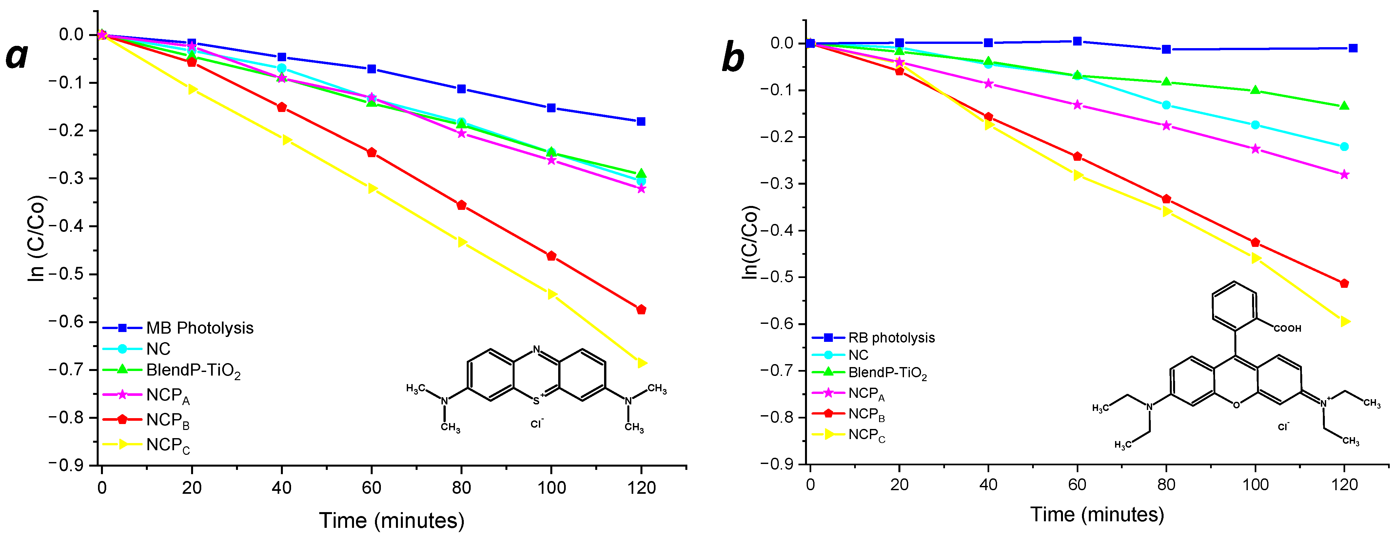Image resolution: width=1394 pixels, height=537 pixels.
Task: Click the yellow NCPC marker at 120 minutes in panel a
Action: tap(642, 363)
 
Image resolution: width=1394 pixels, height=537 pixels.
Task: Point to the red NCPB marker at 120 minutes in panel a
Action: tap(641, 310)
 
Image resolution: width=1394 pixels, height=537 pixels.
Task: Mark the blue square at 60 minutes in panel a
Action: tap(372, 69)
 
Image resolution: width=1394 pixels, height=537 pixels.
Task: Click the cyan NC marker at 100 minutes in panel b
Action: tap(1255, 125)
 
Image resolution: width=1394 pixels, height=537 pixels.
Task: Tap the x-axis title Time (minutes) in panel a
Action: tap(392, 520)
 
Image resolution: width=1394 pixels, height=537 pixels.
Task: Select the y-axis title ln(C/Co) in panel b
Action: tap(750, 242)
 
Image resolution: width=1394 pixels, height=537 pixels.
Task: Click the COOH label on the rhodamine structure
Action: tap(1287, 328)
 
